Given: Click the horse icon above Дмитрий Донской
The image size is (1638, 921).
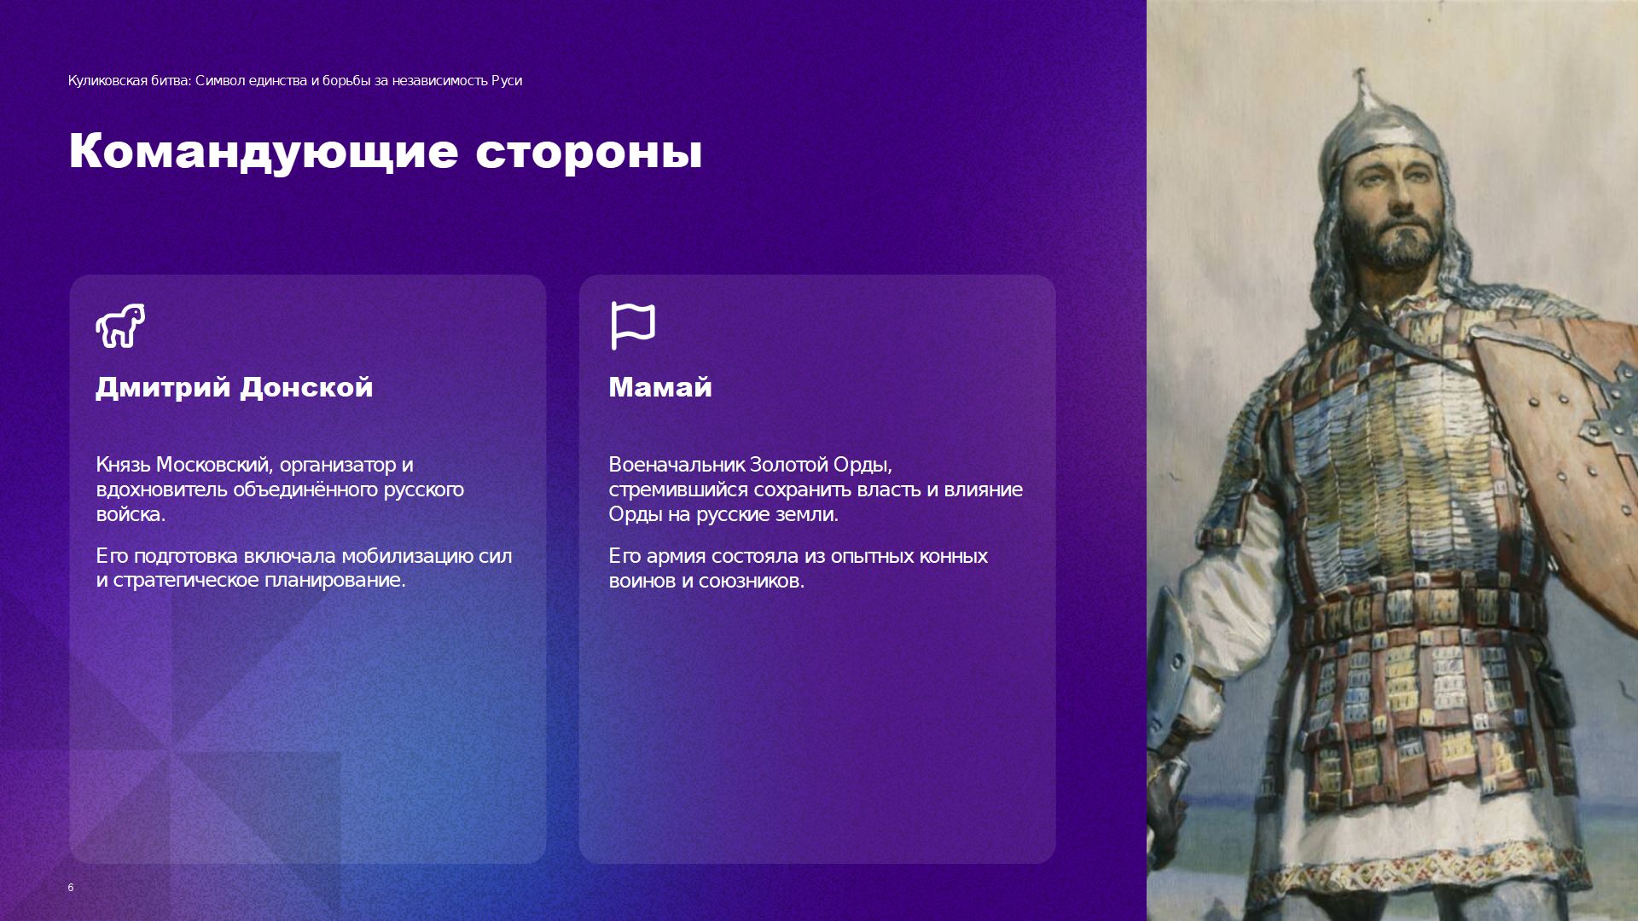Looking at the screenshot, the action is [x=120, y=325].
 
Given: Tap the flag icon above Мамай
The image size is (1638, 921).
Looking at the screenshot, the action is [x=633, y=326].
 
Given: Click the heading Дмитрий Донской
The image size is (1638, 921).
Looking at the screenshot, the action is [x=235, y=387].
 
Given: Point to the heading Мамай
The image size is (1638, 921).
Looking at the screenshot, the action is [x=660, y=387].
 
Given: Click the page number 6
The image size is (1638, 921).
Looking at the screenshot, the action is [x=71, y=888].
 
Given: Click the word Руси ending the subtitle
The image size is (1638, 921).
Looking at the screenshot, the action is [x=506, y=81].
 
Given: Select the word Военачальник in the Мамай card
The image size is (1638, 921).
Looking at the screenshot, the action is [x=677, y=465].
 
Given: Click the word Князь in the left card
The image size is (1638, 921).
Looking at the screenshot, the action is [x=123, y=465].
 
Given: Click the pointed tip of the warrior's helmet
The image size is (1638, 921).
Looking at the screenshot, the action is [x=1360, y=74].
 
